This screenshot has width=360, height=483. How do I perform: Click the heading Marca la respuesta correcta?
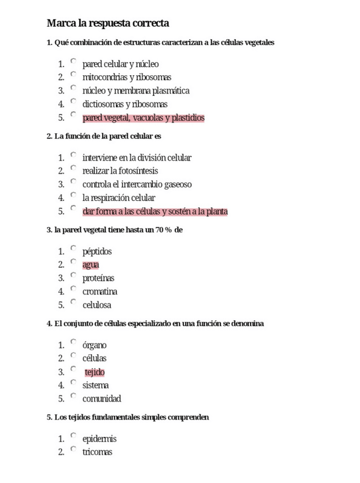[x=108, y=23]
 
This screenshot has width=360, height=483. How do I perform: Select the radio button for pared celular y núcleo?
[x=73, y=61]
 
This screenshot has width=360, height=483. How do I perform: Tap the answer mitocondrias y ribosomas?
[x=126, y=77]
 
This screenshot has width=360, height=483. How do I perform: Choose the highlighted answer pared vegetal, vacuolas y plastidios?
[x=143, y=118]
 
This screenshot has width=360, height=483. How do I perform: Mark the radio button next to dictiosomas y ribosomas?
[x=73, y=101]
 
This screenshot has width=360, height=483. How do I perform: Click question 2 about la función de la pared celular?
[x=104, y=136]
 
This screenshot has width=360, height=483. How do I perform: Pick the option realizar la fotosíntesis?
[x=120, y=171]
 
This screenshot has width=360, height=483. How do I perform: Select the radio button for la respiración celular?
[x=73, y=195]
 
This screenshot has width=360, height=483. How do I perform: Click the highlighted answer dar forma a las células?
[x=155, y=212]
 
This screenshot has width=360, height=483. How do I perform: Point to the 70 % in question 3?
[x=163, y=230]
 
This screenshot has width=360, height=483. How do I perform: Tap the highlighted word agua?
[x=91, y=265]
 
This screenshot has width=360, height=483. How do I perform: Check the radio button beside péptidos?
[x=73, y=248]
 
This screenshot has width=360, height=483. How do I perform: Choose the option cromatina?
[x=100, y=292]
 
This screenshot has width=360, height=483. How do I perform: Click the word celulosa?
[x=96, y=305]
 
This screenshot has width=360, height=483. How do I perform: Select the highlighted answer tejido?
[x=95, y=373]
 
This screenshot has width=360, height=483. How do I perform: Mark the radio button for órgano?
[x=73, y=342]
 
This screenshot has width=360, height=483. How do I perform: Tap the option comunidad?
[x=101, y=399]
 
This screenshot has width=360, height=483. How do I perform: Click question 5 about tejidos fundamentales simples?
[x=128, y=417]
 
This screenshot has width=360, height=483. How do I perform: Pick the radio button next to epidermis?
[x=73, y=436]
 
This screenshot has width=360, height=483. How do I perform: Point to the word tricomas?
[x=97, y=452]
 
